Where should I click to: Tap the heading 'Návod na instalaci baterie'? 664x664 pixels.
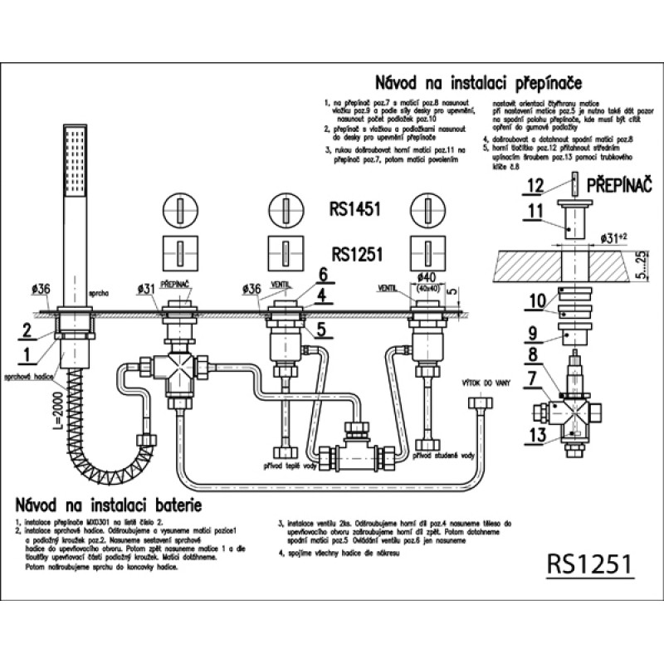coord(108,504)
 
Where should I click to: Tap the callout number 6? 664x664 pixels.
coord(324,272)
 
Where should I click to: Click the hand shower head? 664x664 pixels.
coord(74,166)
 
